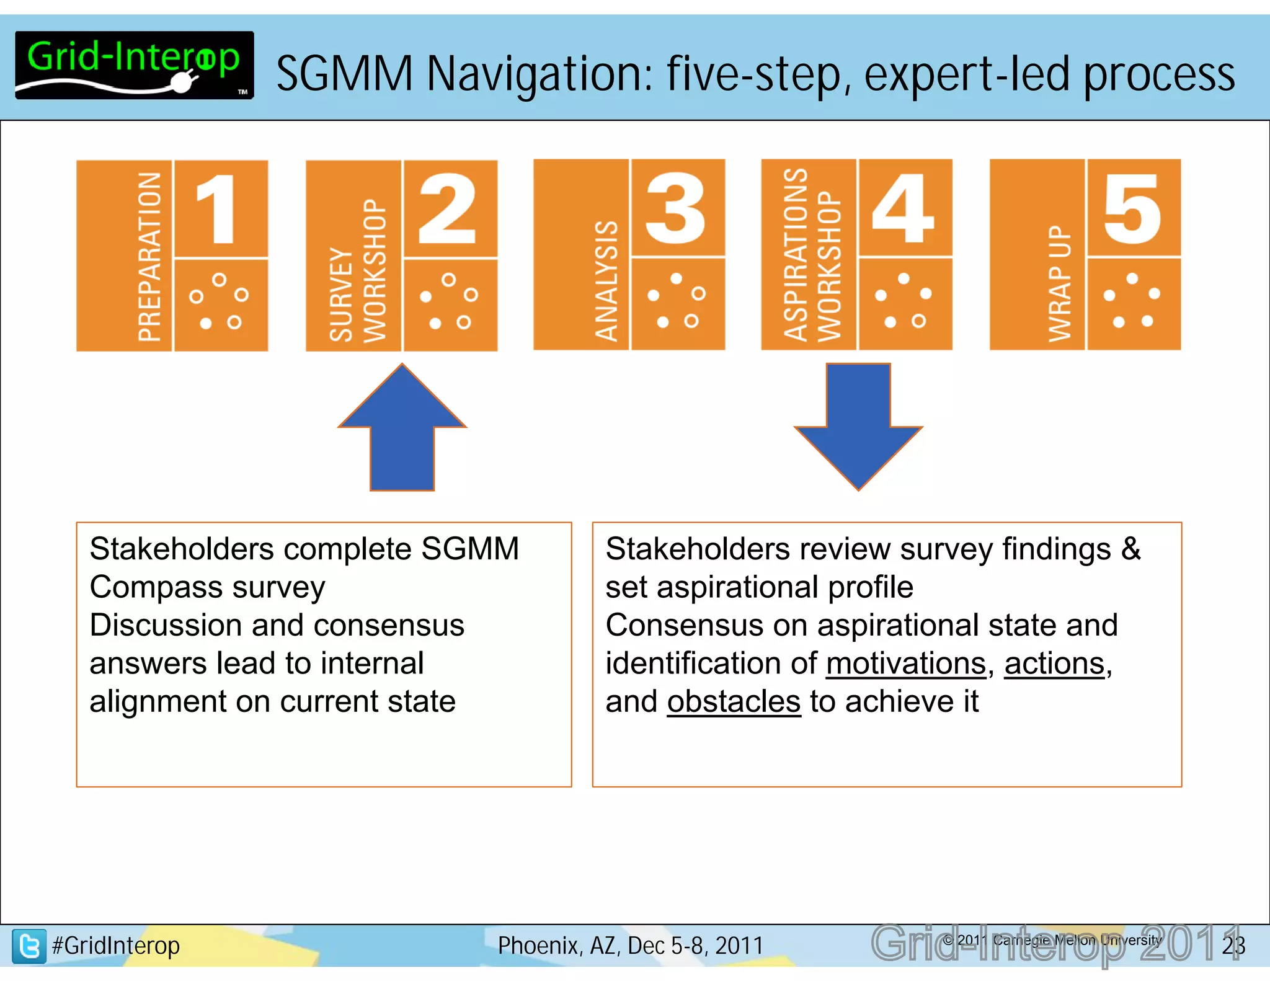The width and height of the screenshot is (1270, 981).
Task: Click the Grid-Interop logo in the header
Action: point(134,65)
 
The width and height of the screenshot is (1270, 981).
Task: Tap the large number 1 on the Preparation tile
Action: point(217,208)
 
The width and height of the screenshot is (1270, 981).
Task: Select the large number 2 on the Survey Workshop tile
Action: point(448,208)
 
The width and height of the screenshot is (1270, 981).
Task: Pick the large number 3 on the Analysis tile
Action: point(676,208)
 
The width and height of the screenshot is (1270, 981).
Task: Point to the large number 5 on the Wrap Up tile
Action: point(1132,208)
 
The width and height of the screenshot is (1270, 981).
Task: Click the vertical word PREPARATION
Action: point(149,257)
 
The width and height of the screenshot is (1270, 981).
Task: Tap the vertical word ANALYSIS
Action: point(606,281)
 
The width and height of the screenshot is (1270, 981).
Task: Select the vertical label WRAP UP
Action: point(1060,283)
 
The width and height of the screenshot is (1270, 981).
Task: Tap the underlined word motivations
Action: point(906,664)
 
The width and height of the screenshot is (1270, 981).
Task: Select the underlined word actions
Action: point(1054,664)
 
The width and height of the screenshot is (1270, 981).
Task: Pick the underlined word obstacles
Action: point(734,702)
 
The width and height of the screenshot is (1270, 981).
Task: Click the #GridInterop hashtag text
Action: point(116,946)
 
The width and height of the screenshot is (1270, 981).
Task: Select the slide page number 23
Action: point(1233,945)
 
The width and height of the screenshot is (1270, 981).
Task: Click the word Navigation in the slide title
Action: point(540,74)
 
